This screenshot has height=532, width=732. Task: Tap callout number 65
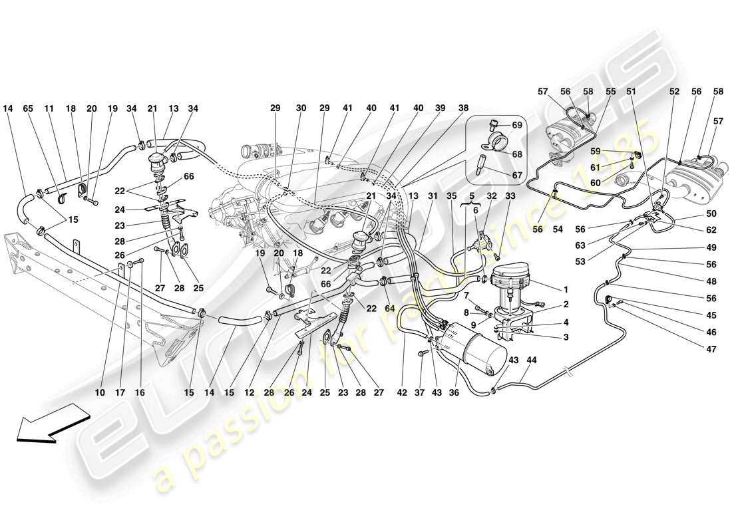[28, 108]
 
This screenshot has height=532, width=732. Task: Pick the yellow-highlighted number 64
[389, 308]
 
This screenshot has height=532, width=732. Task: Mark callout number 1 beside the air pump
[565, 291]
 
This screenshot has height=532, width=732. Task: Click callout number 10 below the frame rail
[100, 393]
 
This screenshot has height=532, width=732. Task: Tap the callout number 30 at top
[301, 108]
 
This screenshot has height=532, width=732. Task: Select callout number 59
[595, 152]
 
